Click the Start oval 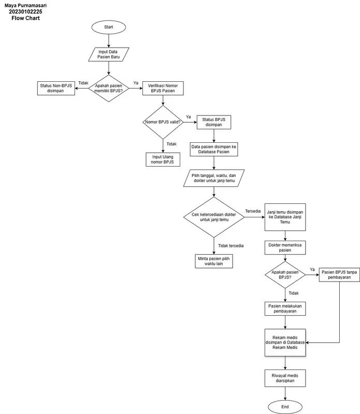[x=109, y=27]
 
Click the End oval [x=285, y=407]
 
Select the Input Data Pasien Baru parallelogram [x=109, y=54]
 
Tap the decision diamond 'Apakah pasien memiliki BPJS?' [x=109, y=88]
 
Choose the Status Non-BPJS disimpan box [x=55, y=88]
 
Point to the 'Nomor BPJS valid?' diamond [x=163, y=122]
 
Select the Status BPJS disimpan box [x=213, y=122]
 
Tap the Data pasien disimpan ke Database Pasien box [x=213, y=150]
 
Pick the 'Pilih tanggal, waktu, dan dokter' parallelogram [x=213, y=179]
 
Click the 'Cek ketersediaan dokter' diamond [x=213, y=217]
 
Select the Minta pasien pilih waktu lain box [x=213, y=260]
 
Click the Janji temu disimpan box [x=285, y=217]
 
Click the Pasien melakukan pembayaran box [x=285, y=308]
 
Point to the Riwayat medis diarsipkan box [x=285, y=377]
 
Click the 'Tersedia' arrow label [x=253, y=211]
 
